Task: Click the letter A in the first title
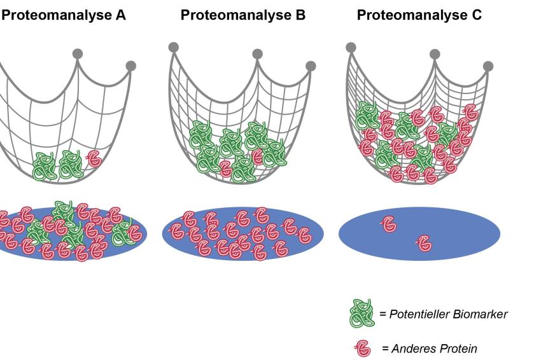pyautogui.click(x=120, y=15)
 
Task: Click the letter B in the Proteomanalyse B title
pyautogui.click(x=300, y=15)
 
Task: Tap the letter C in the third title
pyautogui.click(x=477, y=15)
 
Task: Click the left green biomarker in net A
pyautogui.click(x=45, y=166)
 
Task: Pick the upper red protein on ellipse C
pyautogui.click(x=389, y=224)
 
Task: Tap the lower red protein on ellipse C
pyautogui.click(x=425, y=243)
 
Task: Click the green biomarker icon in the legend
pyautogui.click(x=362, y=313)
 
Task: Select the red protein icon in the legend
pyautogui.click(x=363, y=349)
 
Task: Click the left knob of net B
pyautogui.click(x=174, y=47)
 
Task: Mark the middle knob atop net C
pyautogui.click(x=435, y=54)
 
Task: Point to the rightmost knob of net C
pyautogui.click(x=488, y=66)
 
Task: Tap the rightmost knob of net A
pyautogui.click(x=130, y=66)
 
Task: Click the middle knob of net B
pyautogui.click(x=257, y=54)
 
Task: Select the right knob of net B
pyautogui.click(x=311, y=66)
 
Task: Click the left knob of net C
pyautogui.click(x=351, y=47)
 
